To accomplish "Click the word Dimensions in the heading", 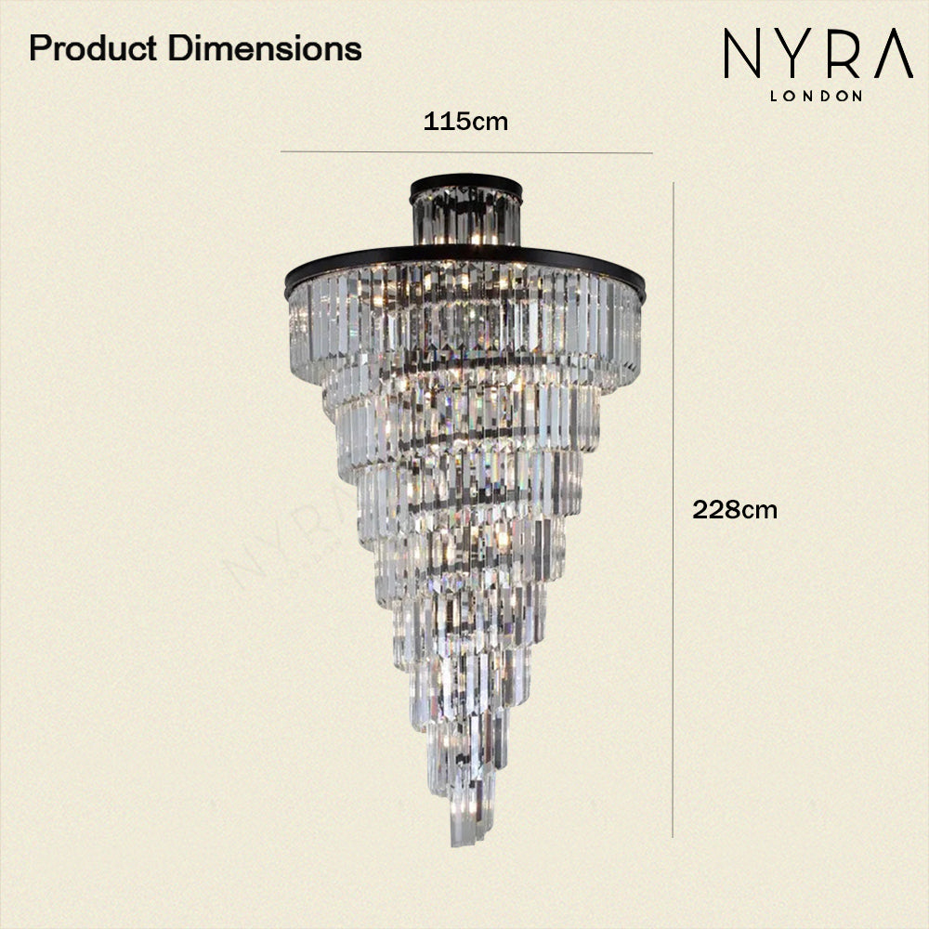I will click(265, 48).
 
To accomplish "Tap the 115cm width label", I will click(465, 122).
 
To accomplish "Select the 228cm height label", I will click(735, 509).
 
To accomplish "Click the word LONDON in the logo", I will click(817, 95).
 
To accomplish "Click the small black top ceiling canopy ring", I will click(466, 181).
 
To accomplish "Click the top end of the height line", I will click(673, 183).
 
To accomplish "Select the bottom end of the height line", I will click(673, 836).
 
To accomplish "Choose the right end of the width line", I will click(652, 151).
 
